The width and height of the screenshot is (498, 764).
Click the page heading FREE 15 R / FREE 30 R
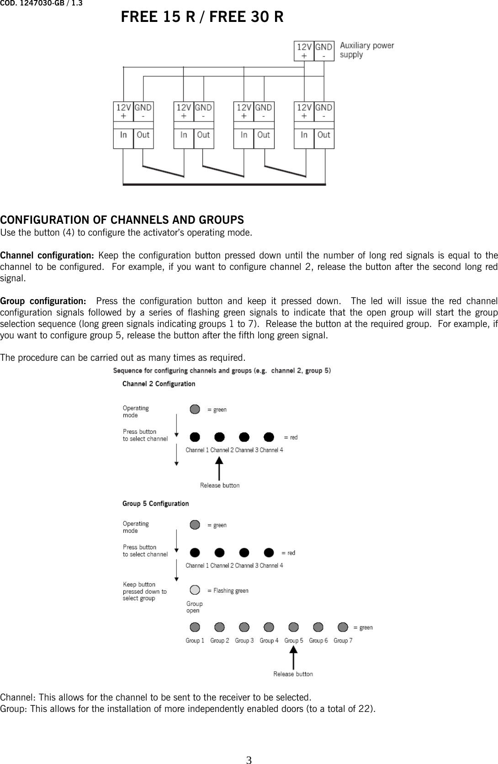click(202, 17)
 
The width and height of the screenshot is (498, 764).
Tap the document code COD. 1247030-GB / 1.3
click(41, 4)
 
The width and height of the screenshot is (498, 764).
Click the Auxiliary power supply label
click(366, 50)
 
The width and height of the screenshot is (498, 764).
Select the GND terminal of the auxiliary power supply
click(324, 51)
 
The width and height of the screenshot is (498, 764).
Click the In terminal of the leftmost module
click(123, 135)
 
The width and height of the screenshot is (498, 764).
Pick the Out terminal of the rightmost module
click(323, 135)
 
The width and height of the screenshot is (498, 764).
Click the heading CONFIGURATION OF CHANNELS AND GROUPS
click(122, 220)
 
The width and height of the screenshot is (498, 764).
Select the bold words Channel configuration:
click(47, 255)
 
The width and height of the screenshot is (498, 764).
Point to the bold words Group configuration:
click(43, 301)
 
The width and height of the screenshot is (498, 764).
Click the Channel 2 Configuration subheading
click(159, 384)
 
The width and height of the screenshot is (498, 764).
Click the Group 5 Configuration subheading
click(155, 504)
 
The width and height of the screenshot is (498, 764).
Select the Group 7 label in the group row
click(343, 641)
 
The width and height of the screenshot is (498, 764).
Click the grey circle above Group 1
click(195, 627)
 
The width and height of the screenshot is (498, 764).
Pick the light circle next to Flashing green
click(195, 590)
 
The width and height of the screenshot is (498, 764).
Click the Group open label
click(194, 607)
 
